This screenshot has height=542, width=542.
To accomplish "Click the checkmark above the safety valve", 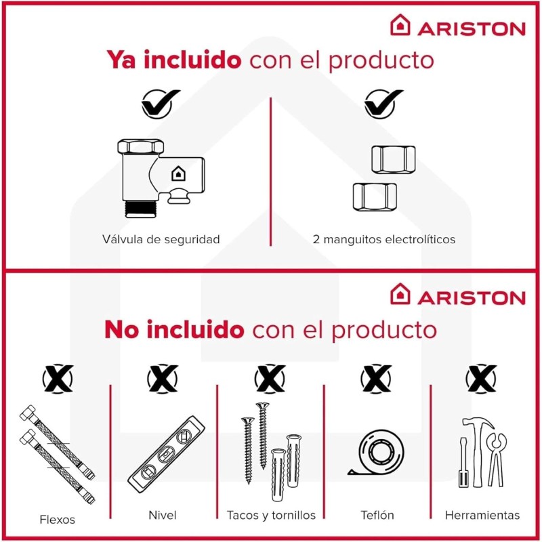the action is coord(160,104).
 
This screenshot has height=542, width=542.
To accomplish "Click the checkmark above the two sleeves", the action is coord(383,104).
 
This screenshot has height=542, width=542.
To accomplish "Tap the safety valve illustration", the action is coord(161,178).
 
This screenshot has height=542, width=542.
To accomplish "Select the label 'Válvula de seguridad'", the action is coord(161,239).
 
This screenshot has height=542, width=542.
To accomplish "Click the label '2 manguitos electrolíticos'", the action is coord(383,239).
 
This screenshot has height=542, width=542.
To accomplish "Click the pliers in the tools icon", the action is coord(497,460).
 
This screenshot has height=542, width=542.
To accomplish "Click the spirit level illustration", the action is coord(166,454).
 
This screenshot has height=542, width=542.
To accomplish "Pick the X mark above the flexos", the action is coord(58,379).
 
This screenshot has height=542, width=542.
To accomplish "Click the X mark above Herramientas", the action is coord(481,379).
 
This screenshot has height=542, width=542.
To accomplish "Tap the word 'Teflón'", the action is coord(377,515).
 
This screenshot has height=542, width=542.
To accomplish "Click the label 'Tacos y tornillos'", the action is coord(271,516).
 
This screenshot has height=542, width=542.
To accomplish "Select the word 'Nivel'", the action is coord(163,515).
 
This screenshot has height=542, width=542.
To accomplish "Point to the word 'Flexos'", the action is coord(58,520).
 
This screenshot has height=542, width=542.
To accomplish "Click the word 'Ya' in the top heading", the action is coord(121,60).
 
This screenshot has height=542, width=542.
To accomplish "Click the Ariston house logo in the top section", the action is coord(400,25).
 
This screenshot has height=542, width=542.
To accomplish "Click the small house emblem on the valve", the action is coord(178,173).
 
